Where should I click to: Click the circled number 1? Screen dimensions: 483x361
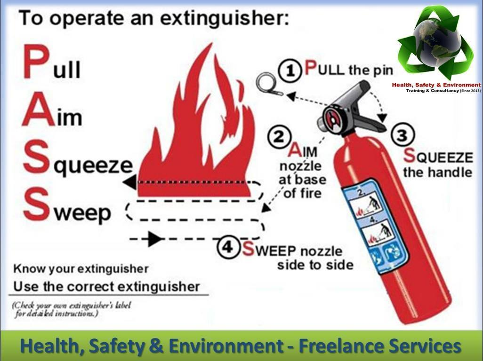click(x=290, y=71)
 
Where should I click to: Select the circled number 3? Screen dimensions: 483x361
click(x=402, y=135)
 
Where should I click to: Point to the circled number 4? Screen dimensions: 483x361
click(x=228, y=247)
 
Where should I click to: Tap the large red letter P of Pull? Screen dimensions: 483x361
click(x=36, y=62)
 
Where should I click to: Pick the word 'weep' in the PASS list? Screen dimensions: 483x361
click(x=82, y=212)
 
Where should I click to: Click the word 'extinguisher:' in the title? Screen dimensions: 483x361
click(x=225, y=18)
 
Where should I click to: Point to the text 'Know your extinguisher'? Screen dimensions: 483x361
click(x=81, y=269)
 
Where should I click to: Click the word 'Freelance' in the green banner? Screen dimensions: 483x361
click(x=336, y=345)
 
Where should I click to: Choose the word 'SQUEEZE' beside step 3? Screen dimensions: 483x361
click(x=438, y=157)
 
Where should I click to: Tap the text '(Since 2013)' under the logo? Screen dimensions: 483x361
click(x=470, y=91)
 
